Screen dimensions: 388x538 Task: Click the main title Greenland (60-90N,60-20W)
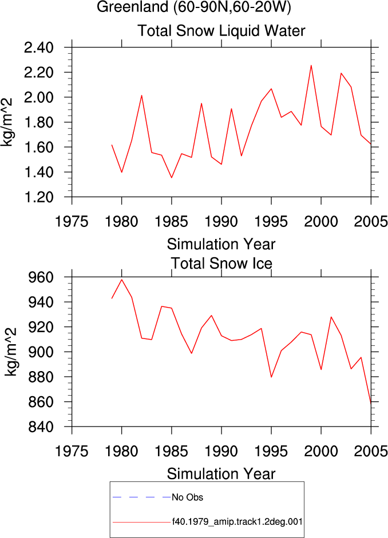[x=194, y=7]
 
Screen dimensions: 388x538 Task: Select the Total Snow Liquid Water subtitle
[x=221, y=30]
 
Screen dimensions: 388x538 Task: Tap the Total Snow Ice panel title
[x=221, y=263]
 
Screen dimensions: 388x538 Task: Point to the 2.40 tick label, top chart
[x=39, y=47]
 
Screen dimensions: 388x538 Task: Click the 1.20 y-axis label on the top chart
[x=39, y=197]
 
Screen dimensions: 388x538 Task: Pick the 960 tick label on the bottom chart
[x=41, y=277]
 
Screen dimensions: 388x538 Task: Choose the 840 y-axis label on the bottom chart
[x=41, y=427]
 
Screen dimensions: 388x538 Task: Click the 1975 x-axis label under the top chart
[x=72, y=222]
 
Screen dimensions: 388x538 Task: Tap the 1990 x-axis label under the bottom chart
[x=221, y=451]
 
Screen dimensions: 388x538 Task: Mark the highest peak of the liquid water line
[x=311, y=65]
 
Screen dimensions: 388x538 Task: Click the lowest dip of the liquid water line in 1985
[x=171, y=177]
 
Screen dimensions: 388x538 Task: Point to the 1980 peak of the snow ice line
[x=121, y=280]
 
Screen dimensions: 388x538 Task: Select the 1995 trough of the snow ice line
[x=271, y=377]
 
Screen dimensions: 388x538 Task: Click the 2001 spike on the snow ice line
[x=331, y=317]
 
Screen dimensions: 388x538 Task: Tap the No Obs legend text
[x=188, y=497]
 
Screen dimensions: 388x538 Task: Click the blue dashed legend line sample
[x=142, y=497]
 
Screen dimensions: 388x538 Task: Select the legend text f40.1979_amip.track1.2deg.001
[x=237, y=522]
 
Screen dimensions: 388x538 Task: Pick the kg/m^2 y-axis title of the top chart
[x=7, y=122]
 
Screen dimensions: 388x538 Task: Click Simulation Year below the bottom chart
[x=221, y=474]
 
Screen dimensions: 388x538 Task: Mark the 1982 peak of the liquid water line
[x=141, y=95]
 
